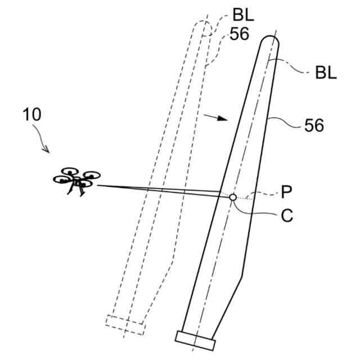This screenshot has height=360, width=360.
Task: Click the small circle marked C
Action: [x=233, y=197]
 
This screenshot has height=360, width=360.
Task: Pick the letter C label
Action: [x=287, y=216]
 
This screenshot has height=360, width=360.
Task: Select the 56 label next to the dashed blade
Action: [x=239, y=34]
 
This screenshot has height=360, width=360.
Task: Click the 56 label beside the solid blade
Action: [x=314, y=126]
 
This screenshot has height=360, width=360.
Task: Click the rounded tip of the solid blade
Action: [x=271, y=40]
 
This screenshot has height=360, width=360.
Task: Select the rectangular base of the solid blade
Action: [x=196, y=337]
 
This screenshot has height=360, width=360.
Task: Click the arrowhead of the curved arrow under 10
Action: [x=49, y=151]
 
